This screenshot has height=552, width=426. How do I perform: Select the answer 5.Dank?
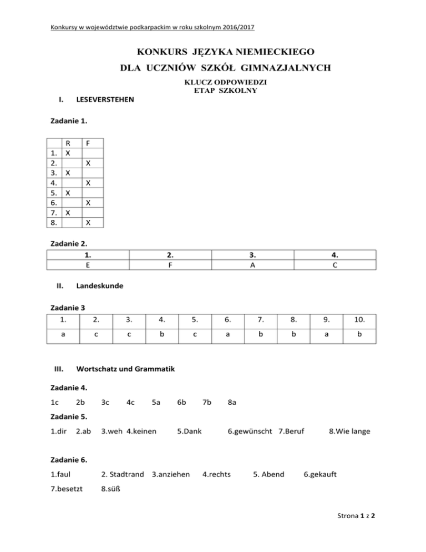point(190,431)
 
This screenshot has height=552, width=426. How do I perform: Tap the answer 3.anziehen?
point(170,474)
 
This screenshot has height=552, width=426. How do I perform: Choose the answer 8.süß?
point(111,490)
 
